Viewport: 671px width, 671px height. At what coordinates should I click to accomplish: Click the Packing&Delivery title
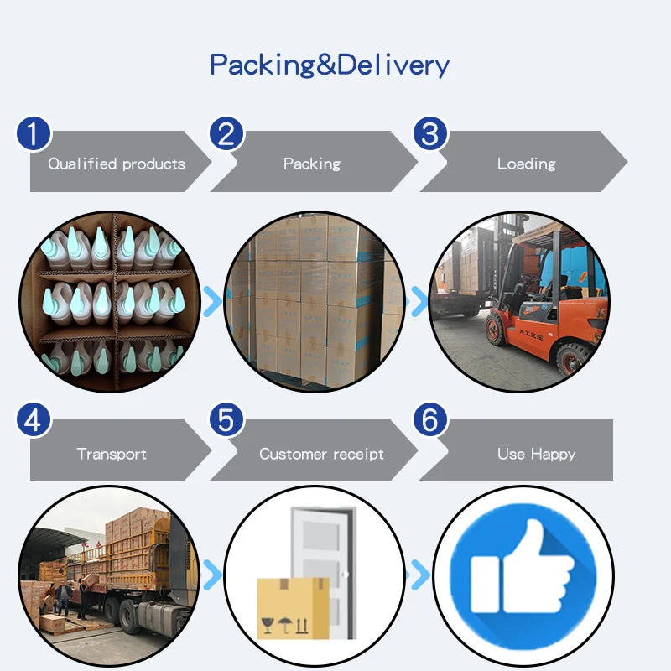[x=330, y=65]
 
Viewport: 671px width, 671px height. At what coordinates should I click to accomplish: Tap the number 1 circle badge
[x=34, y=134]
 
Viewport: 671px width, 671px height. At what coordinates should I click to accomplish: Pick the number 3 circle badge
[x=429, y=134]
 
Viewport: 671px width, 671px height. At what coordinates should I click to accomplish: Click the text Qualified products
[x=117, y=164]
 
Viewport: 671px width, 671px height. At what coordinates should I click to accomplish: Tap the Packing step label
[x=312, y=164]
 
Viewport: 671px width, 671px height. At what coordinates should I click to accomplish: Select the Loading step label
[x=526, y=164]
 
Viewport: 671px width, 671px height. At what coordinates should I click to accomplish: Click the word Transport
[x=112, y=454]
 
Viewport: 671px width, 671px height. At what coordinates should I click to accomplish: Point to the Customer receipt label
[x=321, y=454]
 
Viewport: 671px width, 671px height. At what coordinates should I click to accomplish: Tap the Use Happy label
[x=536, y=454]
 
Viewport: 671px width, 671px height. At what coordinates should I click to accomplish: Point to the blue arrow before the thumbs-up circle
[x=418, y=575]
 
